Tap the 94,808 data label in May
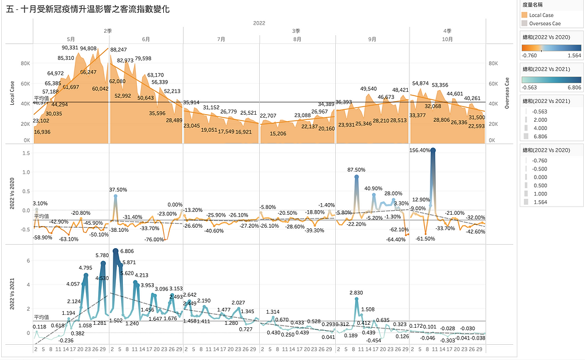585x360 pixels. pos(88,49)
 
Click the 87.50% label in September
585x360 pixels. pos(356,170)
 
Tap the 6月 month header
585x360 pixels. pos(146,39)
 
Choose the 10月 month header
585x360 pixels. pos(448,39)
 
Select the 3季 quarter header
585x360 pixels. pos(297,30)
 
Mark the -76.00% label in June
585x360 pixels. pos(154,239)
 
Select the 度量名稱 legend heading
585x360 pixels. pos(534,5)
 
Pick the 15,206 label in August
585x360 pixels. pos(278,133)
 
